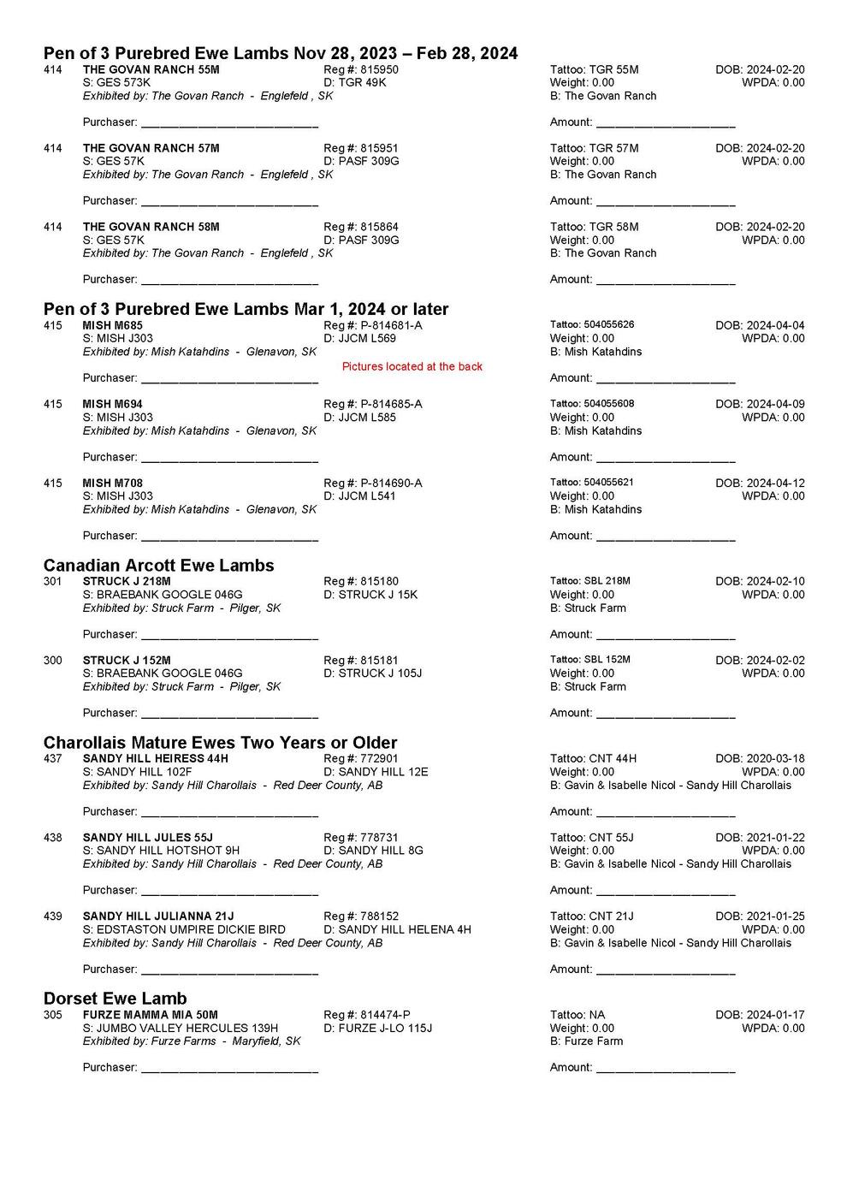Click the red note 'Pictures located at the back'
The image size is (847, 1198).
(412, 367)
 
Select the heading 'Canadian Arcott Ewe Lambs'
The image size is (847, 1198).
(158, 566)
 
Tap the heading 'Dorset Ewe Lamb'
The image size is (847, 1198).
(115, 999)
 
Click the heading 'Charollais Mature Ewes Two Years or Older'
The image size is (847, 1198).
(220, 743)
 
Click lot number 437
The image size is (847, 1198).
(53, 759)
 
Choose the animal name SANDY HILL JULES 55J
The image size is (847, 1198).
(147, 838)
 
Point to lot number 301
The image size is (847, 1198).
(53, 582)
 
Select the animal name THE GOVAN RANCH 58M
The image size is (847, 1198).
(151, 227)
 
